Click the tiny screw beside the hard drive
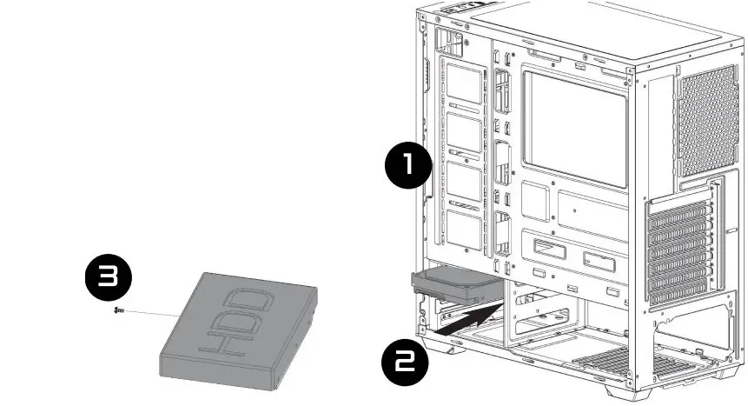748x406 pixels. [x=119, y=309]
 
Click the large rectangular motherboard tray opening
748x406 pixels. [x=574, y=128]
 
